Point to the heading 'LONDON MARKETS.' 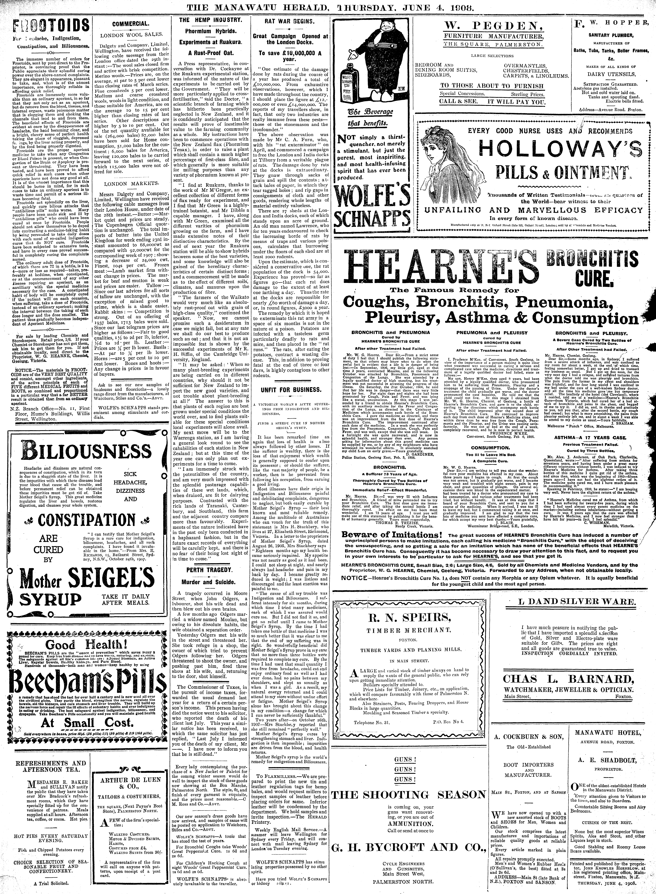click(x=126, y=184)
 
